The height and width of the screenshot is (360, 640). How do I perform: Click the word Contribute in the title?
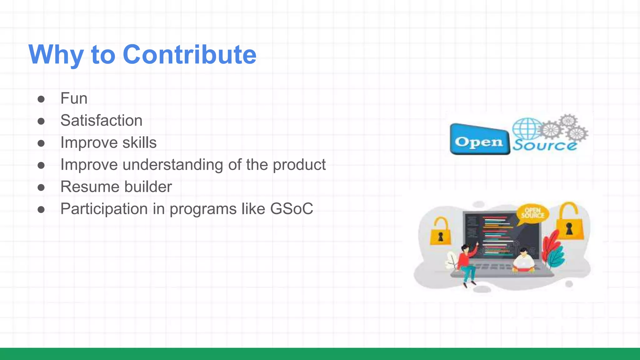coord(189,54)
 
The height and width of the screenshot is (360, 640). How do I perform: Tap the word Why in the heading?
coord(56,55)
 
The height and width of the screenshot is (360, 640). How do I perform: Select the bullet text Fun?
coord(74,98)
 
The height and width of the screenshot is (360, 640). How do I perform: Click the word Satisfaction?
coord(101,121)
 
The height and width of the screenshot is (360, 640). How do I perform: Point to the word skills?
coord(139,142)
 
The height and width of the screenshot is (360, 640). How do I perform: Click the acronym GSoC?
coord(291,209)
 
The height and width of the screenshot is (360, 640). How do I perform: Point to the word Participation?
coord(104,209)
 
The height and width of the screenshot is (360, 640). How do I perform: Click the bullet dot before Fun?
coord(41,99)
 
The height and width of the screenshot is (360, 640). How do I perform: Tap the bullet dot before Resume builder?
coord(41,187)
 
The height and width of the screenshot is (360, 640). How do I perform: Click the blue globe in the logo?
coord(527,129)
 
